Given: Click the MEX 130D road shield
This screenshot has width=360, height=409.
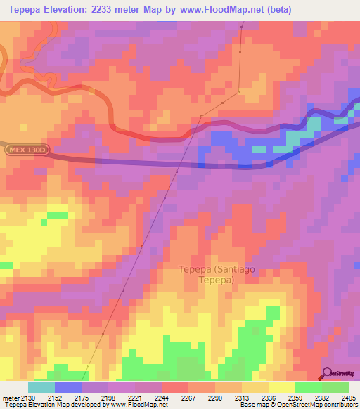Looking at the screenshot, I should point(25,150).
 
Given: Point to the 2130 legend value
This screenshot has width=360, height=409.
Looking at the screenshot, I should point(27,398).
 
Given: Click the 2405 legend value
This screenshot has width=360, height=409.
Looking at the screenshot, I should point(348,398).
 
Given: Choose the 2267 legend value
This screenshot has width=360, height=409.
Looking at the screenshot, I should point(188,398).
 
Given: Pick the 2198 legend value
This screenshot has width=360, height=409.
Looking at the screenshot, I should point(108,398).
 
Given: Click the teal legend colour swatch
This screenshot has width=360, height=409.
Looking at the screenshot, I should point(41,387).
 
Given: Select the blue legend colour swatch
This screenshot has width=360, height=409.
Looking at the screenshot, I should point(67,387).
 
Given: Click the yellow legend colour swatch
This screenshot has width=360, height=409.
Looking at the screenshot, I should point(281,387).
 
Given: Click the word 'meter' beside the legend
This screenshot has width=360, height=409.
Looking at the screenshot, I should point(9,398).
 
